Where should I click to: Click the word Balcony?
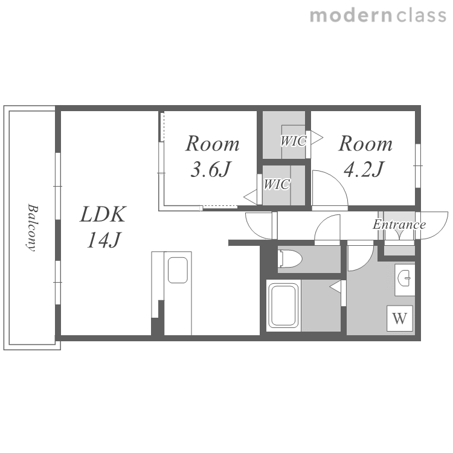(33, 228)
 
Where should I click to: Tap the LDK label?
(103, 214)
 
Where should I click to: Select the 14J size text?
(103, 240)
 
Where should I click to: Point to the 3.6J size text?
(211, 169)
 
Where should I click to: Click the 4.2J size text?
(364, 169)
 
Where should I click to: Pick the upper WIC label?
(293, 141)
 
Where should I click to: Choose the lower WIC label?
(277, 184)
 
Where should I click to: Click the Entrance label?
(399, 225)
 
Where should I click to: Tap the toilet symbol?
(290, 259)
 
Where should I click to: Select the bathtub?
(284, 306)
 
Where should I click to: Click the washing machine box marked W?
(400, 318)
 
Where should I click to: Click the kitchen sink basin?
(178, 270)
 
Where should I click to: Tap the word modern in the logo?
(351, 16)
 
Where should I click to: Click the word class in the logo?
(421, 15)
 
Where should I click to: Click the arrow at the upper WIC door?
(317, 138)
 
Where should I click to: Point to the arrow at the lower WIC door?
(250, 197)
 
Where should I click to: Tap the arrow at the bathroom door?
(335, 287)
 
